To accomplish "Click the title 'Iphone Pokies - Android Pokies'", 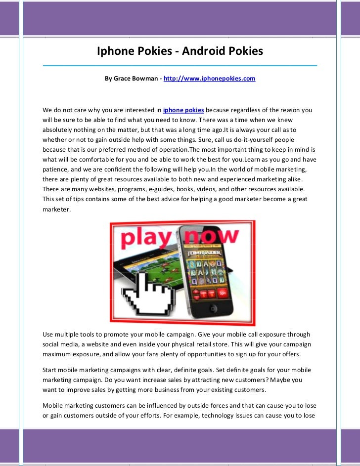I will pos(180,51).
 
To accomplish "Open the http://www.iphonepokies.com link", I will pos(209,79).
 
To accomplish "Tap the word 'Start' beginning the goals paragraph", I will pos(51,370).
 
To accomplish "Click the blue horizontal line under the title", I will pos(180,65).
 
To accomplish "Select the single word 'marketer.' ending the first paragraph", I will pos(56,209).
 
